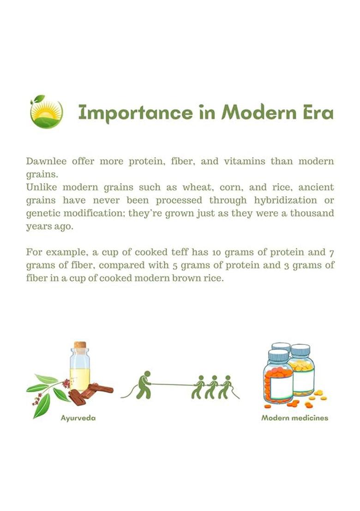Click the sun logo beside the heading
[46, 111]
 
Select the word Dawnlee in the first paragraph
[46, 161]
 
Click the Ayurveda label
[78, 418]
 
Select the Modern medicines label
[295, 418]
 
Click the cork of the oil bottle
[80, 345]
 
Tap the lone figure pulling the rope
[144, 385]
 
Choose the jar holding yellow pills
[302, 370]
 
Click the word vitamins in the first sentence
[245, 161]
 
